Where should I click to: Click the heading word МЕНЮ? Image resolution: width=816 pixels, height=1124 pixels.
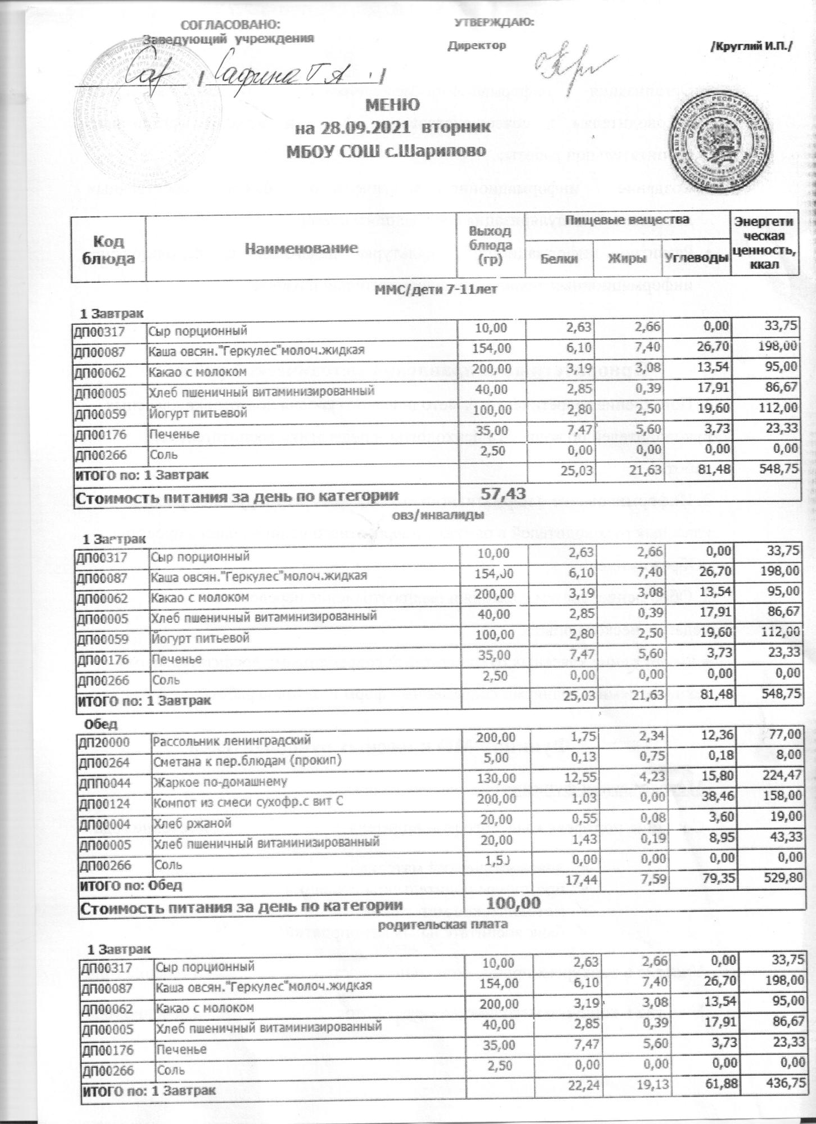[x=392, y=105]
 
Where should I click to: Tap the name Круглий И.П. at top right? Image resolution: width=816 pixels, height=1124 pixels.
[x=751, y=47]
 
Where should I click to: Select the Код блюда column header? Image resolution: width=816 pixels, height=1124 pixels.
[x=108, y=250]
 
